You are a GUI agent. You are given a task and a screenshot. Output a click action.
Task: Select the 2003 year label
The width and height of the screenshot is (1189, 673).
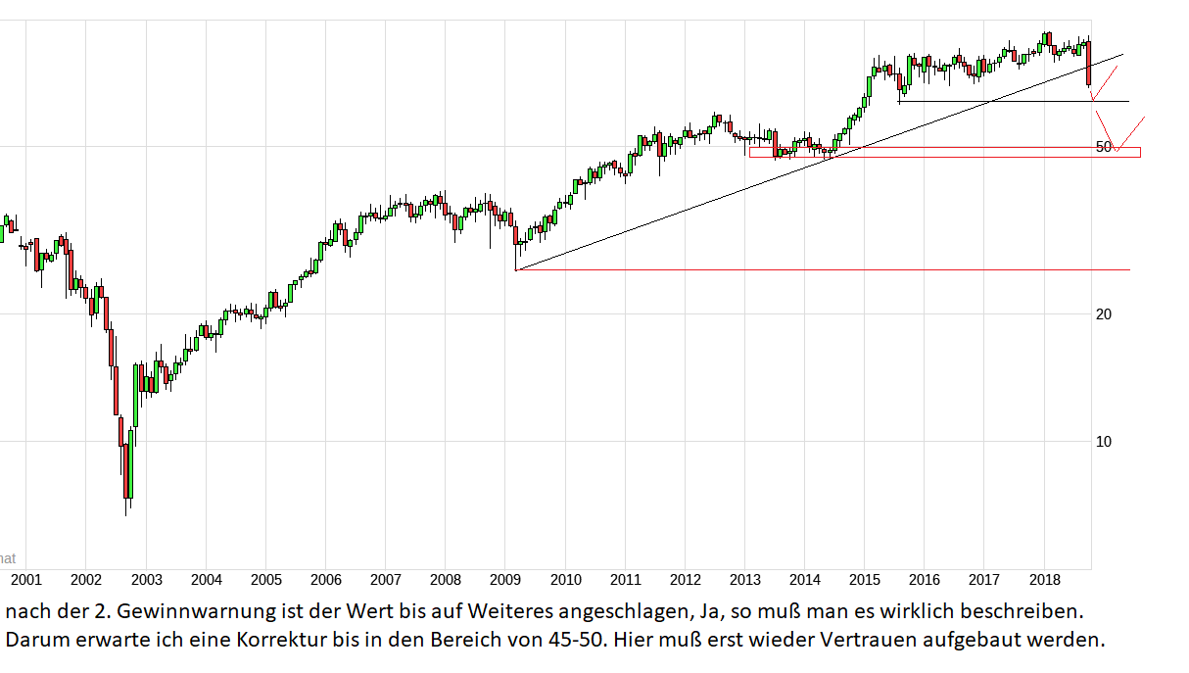(146, 579)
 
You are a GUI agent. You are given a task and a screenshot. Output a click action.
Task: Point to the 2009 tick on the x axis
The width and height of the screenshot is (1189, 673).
(505, 579)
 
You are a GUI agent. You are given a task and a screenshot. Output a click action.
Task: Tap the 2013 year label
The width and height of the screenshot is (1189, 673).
(745, 579)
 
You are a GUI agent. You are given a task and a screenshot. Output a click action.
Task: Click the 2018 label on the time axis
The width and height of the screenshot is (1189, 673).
(1045, 579)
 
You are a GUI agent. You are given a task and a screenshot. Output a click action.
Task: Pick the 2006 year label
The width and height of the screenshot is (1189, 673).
(325, 579)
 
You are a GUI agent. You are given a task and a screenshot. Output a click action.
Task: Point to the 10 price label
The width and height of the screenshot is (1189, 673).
(1103, 442)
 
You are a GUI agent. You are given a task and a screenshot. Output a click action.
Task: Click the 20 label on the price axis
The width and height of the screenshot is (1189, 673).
(1103, 314)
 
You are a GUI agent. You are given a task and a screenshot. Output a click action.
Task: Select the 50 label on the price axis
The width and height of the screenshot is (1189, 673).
(1104, 147)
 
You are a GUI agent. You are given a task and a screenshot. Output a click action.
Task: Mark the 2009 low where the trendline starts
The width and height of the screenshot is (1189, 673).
(515, 269)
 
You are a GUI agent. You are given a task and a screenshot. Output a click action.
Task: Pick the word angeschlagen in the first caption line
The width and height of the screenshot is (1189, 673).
(615, 612)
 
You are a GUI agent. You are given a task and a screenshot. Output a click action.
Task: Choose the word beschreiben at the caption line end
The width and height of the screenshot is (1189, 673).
(1028, 612)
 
